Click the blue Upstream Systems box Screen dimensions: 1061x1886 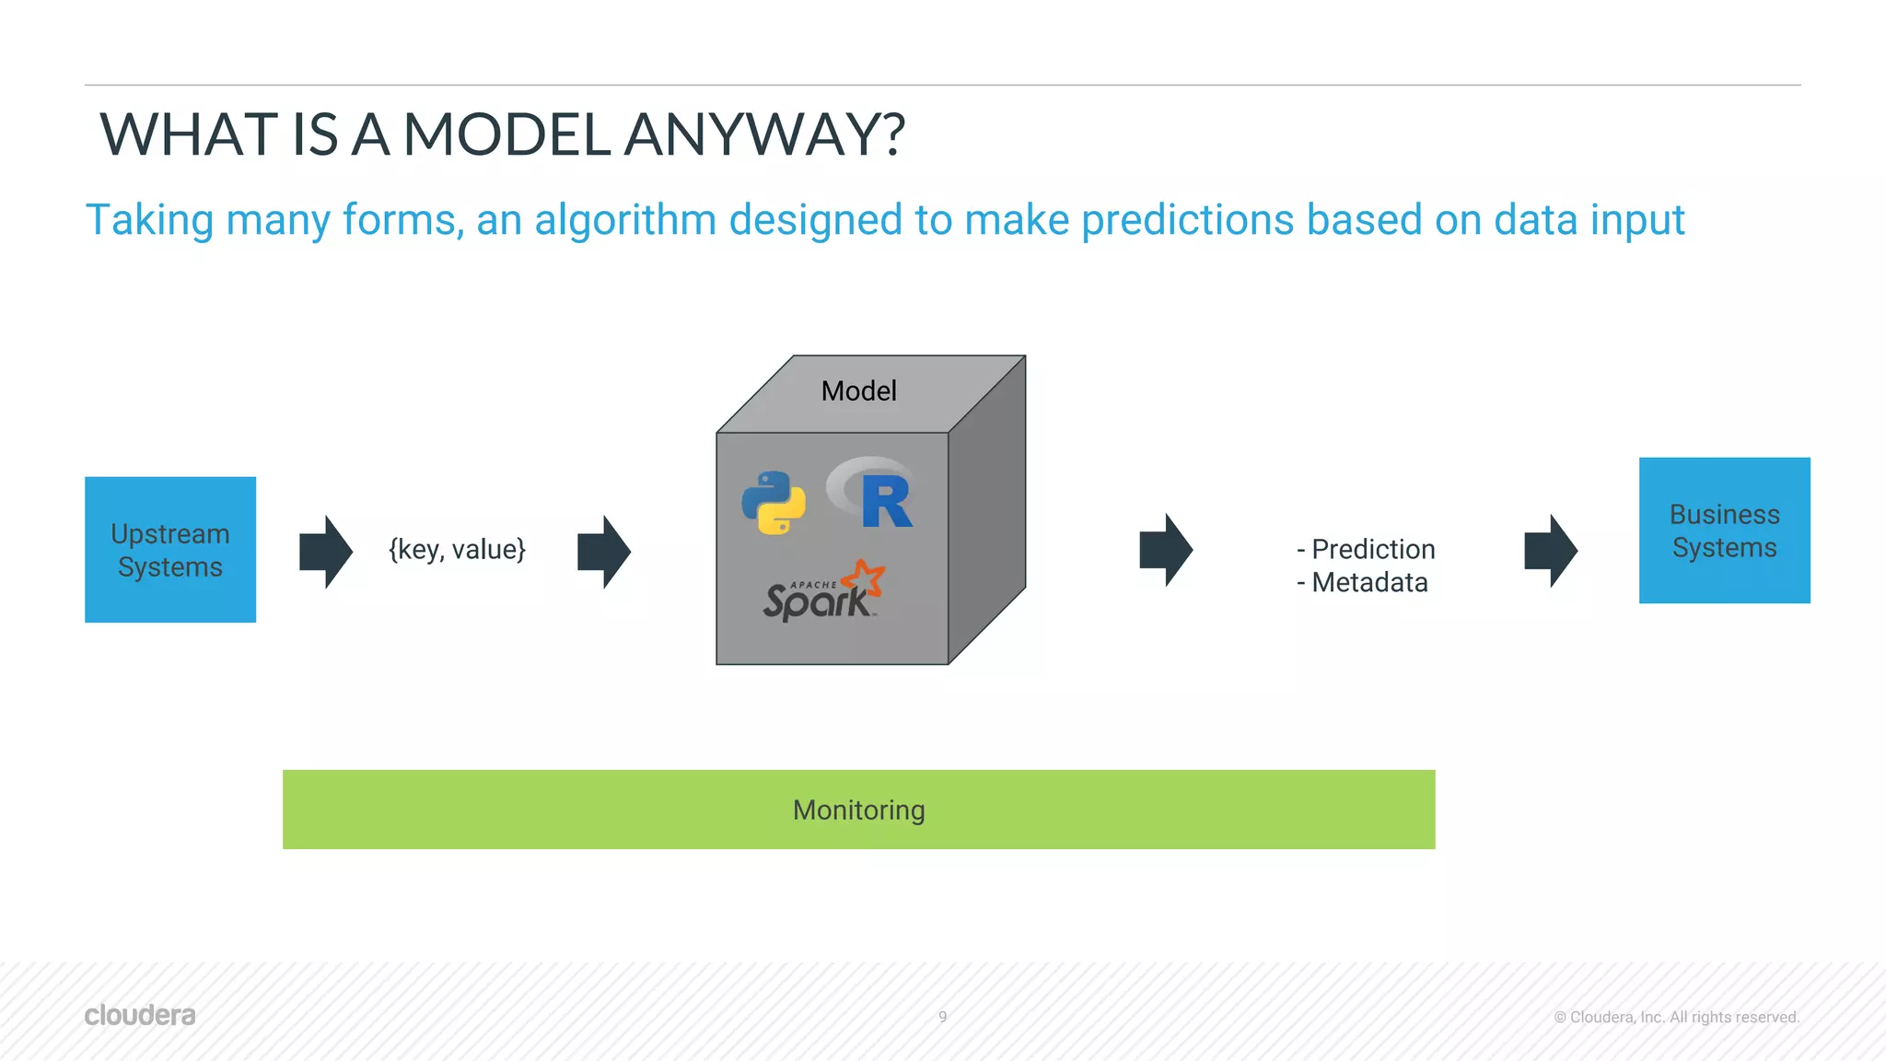pos(170,550)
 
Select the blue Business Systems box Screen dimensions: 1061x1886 pos(1724,530)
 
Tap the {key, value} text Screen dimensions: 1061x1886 pos(457,550)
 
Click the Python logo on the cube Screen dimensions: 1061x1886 pos(774,503)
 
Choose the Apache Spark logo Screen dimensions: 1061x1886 pos(823,592)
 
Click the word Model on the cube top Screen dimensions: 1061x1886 pos(858,391)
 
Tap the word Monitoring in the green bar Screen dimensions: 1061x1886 pos(858,810)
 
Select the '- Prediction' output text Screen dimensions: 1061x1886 pos(1366,550)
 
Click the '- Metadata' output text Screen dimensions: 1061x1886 pos(1362,583)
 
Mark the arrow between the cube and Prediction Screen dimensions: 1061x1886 pos(1166,550)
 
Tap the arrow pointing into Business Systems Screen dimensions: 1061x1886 pos(1551,551)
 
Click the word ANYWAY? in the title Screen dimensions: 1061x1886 pos(764,134)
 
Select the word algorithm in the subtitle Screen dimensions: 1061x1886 pos(625,220)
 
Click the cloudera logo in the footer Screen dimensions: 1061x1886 pos(140,1015)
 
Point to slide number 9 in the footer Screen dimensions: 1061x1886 pos(942,1017)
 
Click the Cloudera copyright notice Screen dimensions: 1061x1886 pos(1676,1017)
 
